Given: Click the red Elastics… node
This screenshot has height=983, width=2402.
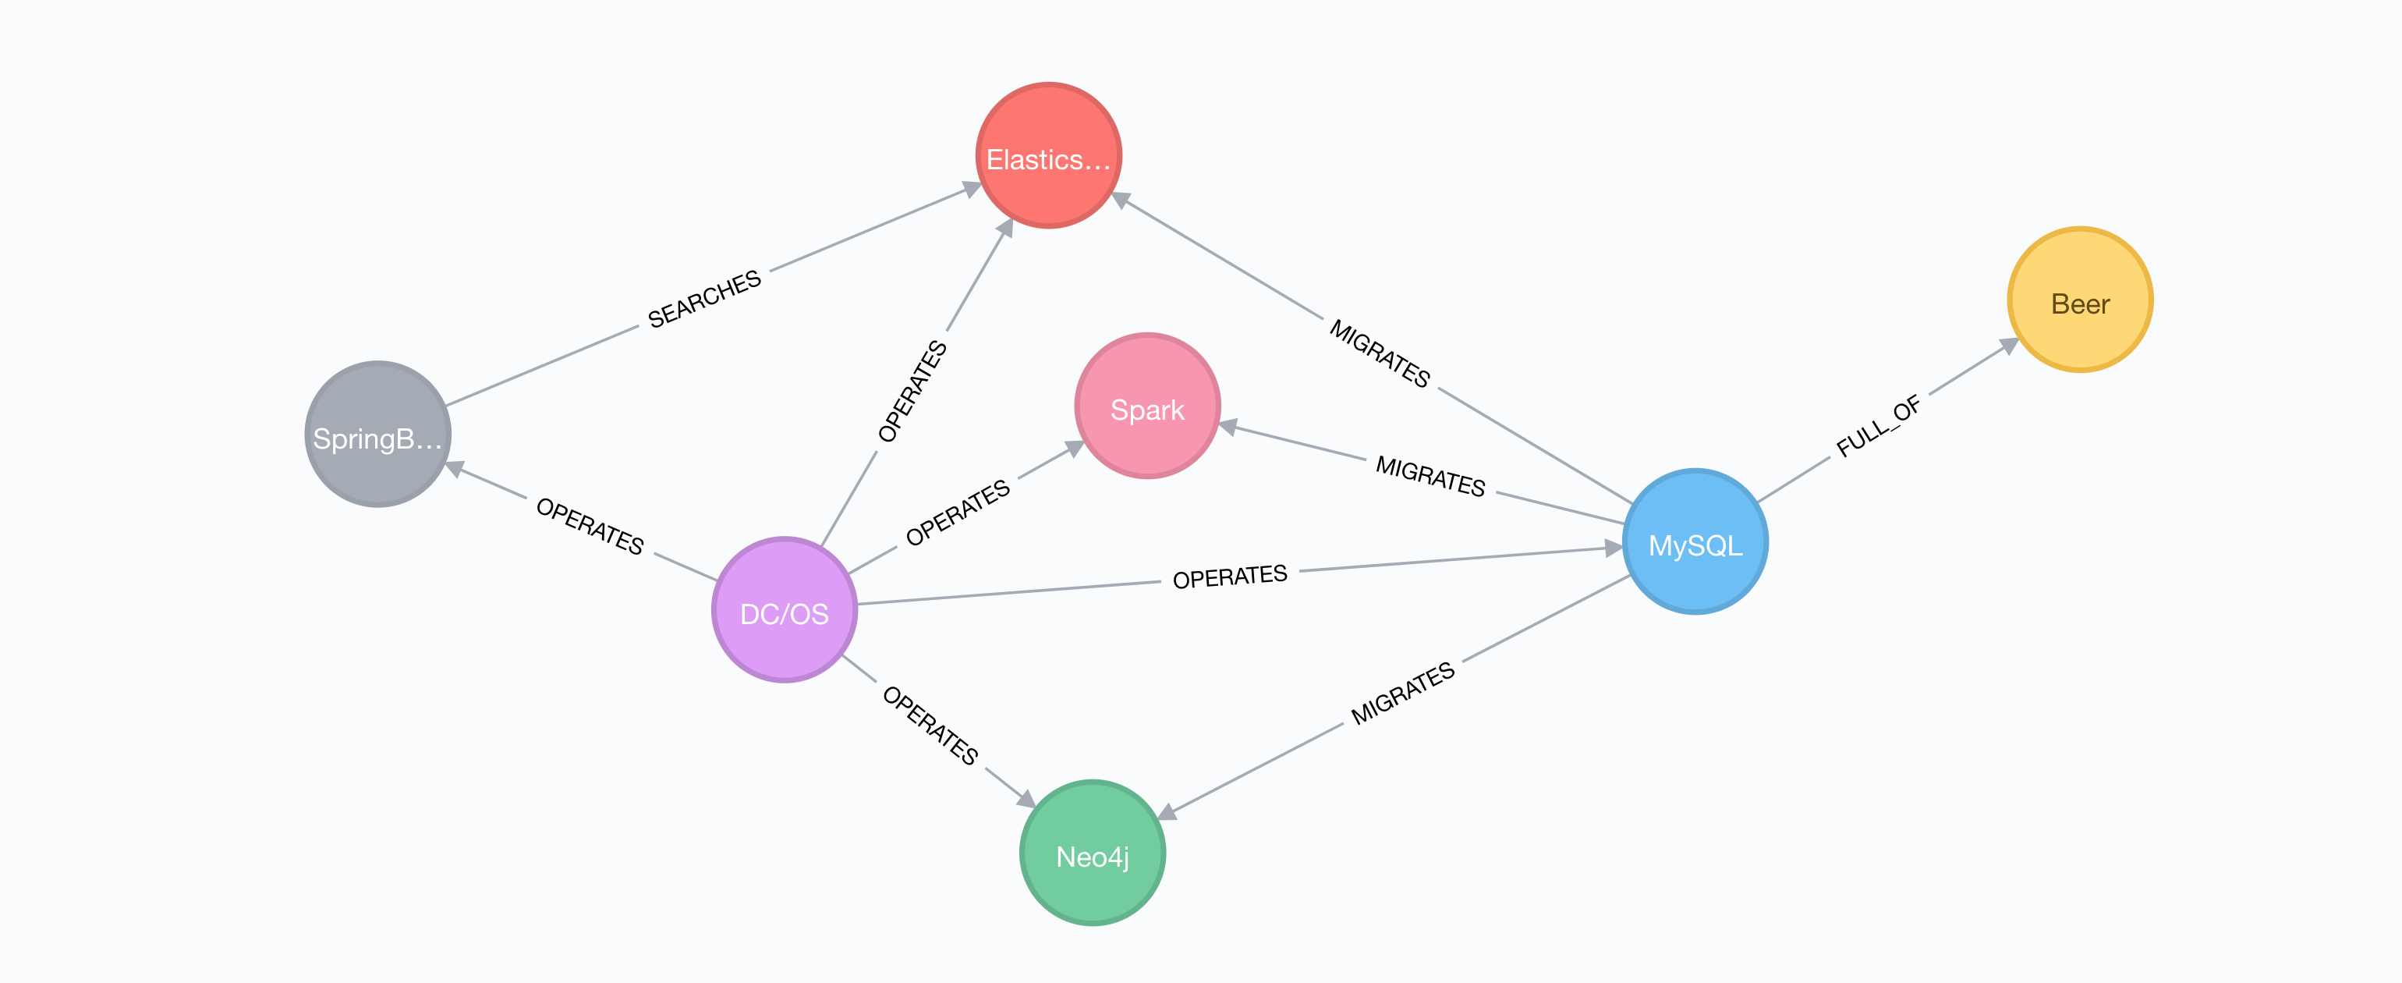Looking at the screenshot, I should (x=1048, y=156).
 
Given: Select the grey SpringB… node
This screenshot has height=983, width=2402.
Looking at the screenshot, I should (x=377, y=435).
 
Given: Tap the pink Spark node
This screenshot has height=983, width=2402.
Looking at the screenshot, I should (x=1147, y=406).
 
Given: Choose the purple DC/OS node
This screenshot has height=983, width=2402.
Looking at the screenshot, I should (x=785, y=610).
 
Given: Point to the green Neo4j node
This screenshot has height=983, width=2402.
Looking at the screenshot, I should (x=1092, y=853).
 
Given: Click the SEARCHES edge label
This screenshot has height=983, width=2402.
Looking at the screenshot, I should (x=704, y=300).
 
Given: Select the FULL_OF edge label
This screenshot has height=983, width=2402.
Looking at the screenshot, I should (x=1878, y=426).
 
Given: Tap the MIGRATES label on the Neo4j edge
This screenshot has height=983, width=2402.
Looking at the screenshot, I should (x=1402, y=693).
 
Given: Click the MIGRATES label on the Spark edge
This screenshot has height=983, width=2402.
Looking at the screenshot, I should (x=1430, y=477).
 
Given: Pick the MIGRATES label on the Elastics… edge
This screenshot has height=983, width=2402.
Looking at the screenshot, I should (x=1379, y=353).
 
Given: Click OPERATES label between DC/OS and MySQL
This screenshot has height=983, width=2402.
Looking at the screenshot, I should (x=1229, y=577).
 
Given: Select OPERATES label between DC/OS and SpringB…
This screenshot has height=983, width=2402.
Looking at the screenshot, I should (x=590, y=526).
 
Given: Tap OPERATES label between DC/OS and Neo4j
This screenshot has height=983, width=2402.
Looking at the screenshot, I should (x=930, y=726).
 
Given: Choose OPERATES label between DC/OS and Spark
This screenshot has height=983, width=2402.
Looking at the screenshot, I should (x=958, y=512).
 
